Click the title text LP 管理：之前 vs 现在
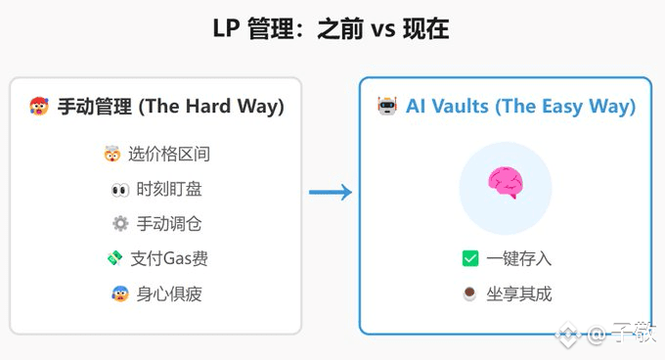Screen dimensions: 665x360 tap(331, 28)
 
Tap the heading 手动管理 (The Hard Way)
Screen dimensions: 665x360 tap(171, 107)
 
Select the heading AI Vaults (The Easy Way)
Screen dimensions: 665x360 tap(521, 107)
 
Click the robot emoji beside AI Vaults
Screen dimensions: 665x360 tap(387, 106)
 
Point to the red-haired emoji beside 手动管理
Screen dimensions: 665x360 tap(39, 106)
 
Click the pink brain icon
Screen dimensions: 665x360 tap(506, 182)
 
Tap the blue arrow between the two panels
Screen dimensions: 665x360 tap(331, 192)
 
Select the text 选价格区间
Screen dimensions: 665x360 tap(169, 154)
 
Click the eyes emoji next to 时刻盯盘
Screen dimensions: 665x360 tap(120, 190)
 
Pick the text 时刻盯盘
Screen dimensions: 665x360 tap(169, 189)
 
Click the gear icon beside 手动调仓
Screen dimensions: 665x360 tap(120, 223)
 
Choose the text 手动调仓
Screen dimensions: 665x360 tap(169, 224)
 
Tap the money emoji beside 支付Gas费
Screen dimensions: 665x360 tap(114, 258)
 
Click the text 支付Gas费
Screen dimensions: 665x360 tap(169, 258)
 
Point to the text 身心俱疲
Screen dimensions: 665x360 tap(169, 293)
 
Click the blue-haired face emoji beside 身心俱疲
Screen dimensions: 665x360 tap(120, 293)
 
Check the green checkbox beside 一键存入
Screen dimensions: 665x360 tap(470, 258)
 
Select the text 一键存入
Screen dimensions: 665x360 tap(518, 258)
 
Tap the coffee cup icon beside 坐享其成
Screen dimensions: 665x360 tap(469, 293)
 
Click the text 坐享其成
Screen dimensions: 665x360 tap(518, 293)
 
